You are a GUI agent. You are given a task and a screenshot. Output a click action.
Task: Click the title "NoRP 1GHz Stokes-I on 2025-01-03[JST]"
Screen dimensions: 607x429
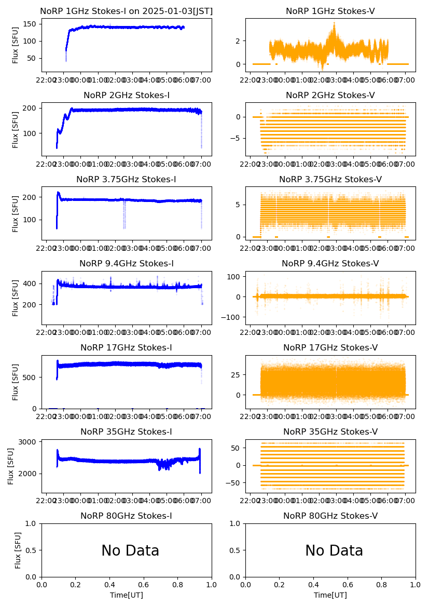tap(126, 11)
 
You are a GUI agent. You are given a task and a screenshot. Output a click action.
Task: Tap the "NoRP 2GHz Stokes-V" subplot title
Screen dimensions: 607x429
tap(330, 95)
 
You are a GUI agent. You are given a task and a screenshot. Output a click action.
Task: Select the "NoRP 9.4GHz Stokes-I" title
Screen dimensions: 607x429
tap(126, 263)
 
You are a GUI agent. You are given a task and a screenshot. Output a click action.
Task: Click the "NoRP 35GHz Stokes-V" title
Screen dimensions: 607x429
tap(330, 431)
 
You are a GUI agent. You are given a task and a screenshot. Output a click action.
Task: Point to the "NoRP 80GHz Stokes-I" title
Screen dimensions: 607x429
tap(126, 516)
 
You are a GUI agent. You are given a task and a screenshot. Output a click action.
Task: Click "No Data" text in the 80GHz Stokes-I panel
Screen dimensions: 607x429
tap(130, 550)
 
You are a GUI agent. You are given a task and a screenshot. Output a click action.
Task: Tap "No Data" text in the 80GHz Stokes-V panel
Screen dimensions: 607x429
tap(334, 550)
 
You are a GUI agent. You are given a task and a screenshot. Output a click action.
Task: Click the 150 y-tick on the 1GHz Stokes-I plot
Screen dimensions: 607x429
tap(32, 24)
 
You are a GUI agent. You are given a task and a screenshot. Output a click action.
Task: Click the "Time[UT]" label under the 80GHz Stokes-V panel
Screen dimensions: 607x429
tap(330, 595)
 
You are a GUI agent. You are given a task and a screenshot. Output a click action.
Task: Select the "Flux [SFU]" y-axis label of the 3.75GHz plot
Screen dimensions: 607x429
tap(16, 213)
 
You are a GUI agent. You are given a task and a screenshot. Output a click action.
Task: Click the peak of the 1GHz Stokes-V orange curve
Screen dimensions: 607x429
tap(335, 23)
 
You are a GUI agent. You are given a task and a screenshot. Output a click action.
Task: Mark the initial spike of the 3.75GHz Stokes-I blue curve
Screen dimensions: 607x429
tap(58, 193)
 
